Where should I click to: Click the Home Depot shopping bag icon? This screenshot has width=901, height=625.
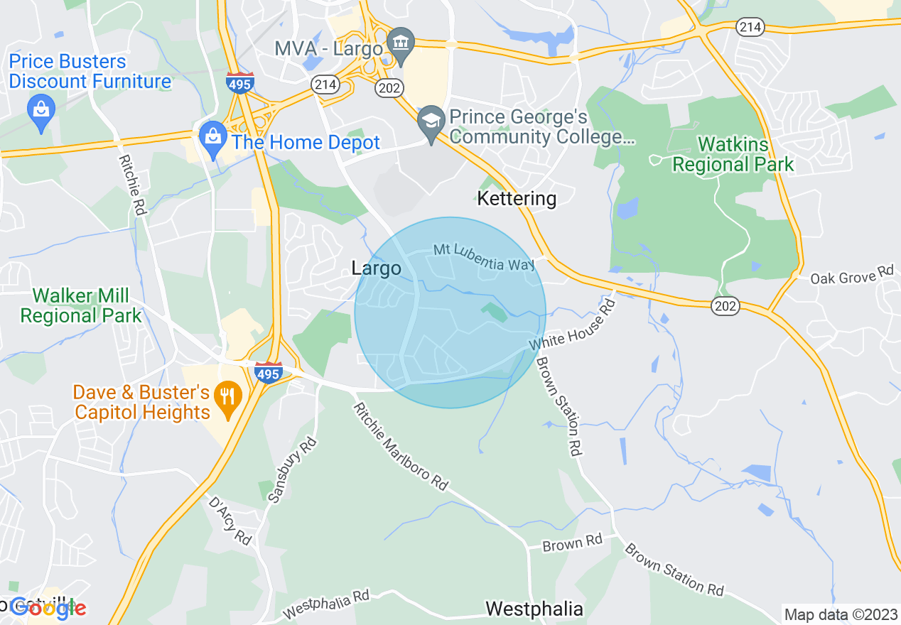[x=212, y=134]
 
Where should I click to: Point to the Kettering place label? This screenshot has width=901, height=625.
[x=517, y=198]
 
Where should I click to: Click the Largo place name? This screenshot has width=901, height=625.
[x=376, y=268]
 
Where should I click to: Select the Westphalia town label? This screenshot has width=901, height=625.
[x=534, y=609]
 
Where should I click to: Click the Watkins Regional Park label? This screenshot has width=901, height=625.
[x=733, y=155]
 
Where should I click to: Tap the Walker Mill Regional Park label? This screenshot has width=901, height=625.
[x=81, y=305]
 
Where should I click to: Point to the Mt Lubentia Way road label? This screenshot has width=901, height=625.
[x=484, y=258]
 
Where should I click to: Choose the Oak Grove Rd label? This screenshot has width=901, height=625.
[x=851, y=275]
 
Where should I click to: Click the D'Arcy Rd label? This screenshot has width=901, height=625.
[x=230, y=521]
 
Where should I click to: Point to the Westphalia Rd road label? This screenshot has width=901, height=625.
[x=326, y=604]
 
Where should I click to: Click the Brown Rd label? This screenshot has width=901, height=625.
[x=572, y=543]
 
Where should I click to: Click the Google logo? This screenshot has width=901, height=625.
[x=48, y=609]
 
